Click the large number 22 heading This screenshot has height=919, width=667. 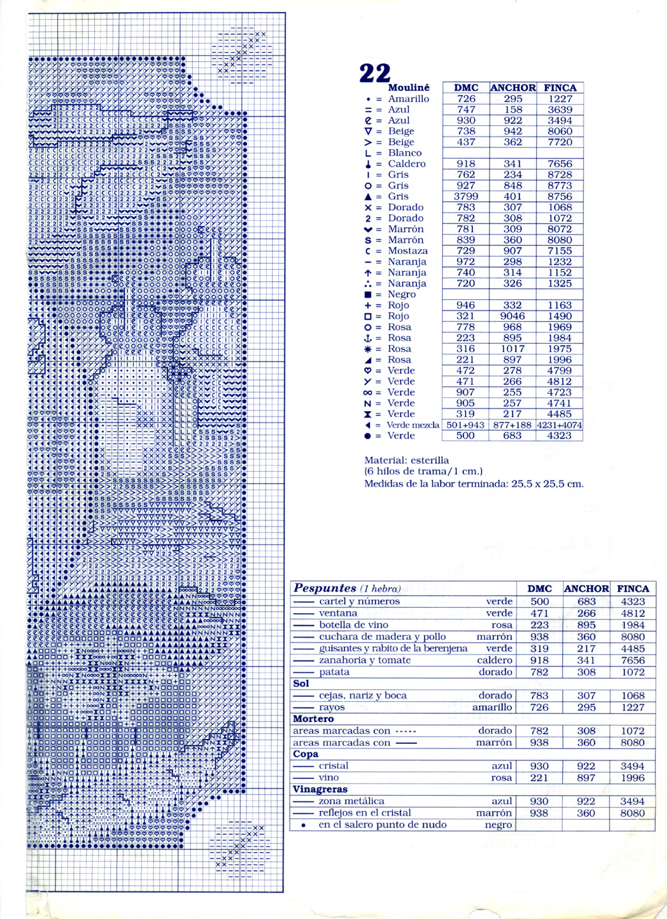click(374, 73)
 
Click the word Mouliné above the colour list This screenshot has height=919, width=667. click(408, 87)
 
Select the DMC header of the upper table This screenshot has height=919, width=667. click(466, 87)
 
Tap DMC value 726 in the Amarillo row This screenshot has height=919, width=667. click(466, 99)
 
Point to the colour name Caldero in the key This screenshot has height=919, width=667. click(406, 164)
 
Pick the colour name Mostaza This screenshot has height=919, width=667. click(408, 251)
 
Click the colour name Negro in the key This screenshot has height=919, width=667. click(402, 294)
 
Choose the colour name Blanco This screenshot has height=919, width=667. click(405, 153)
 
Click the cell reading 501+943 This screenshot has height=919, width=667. click(466, 425)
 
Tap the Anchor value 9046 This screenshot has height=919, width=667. click(512, 316)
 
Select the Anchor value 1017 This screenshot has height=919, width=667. click(512, 349)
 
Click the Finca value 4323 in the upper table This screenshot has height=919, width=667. click(559, 436)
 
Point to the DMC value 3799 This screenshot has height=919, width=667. click(466, 197)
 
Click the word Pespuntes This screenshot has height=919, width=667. click(325, 588)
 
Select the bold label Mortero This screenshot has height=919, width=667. click(313, 719)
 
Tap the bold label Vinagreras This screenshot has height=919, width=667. click(319, 790)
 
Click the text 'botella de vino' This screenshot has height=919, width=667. click(354, 625)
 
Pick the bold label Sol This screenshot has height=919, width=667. click(301, 684)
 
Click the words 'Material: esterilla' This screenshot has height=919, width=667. click(406, 460)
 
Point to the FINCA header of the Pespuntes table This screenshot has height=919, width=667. click(632, 588)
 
